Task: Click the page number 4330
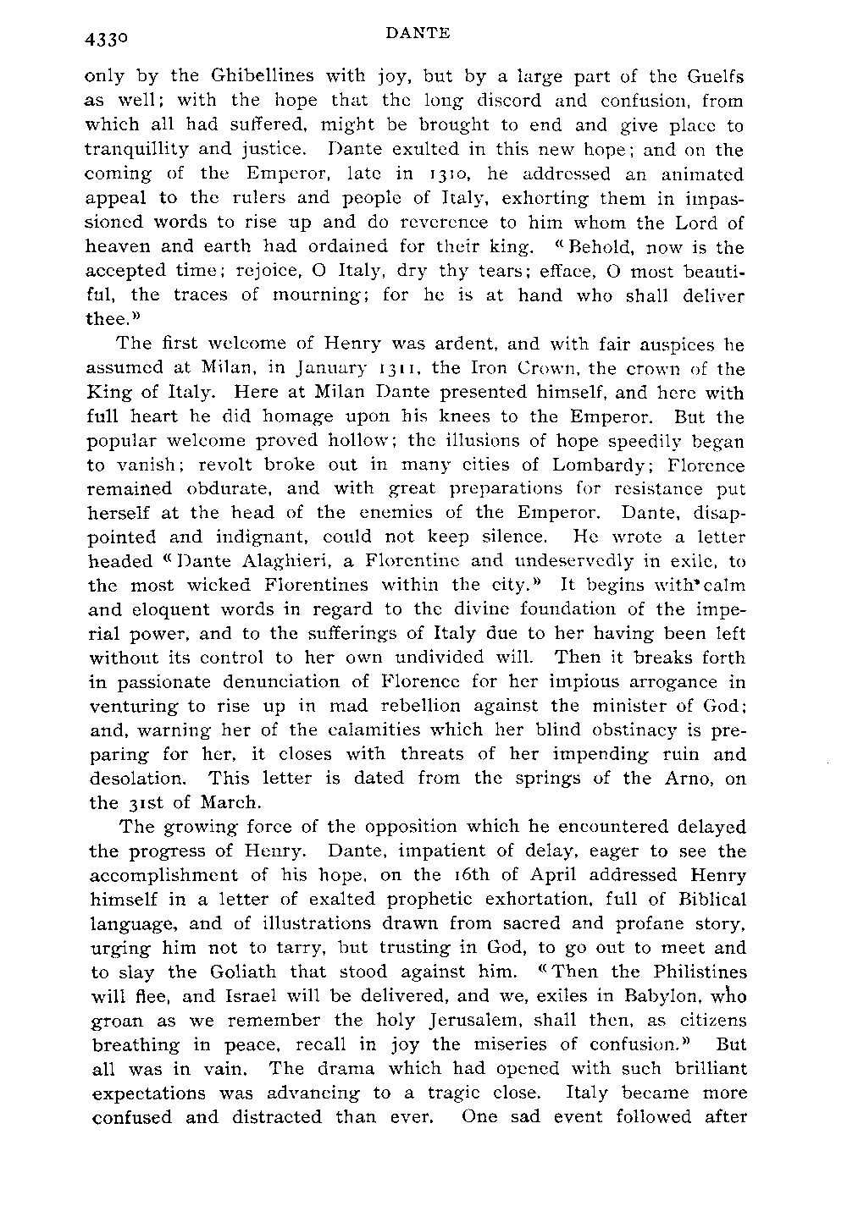105,40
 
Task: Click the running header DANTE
416,35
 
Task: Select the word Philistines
685,972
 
